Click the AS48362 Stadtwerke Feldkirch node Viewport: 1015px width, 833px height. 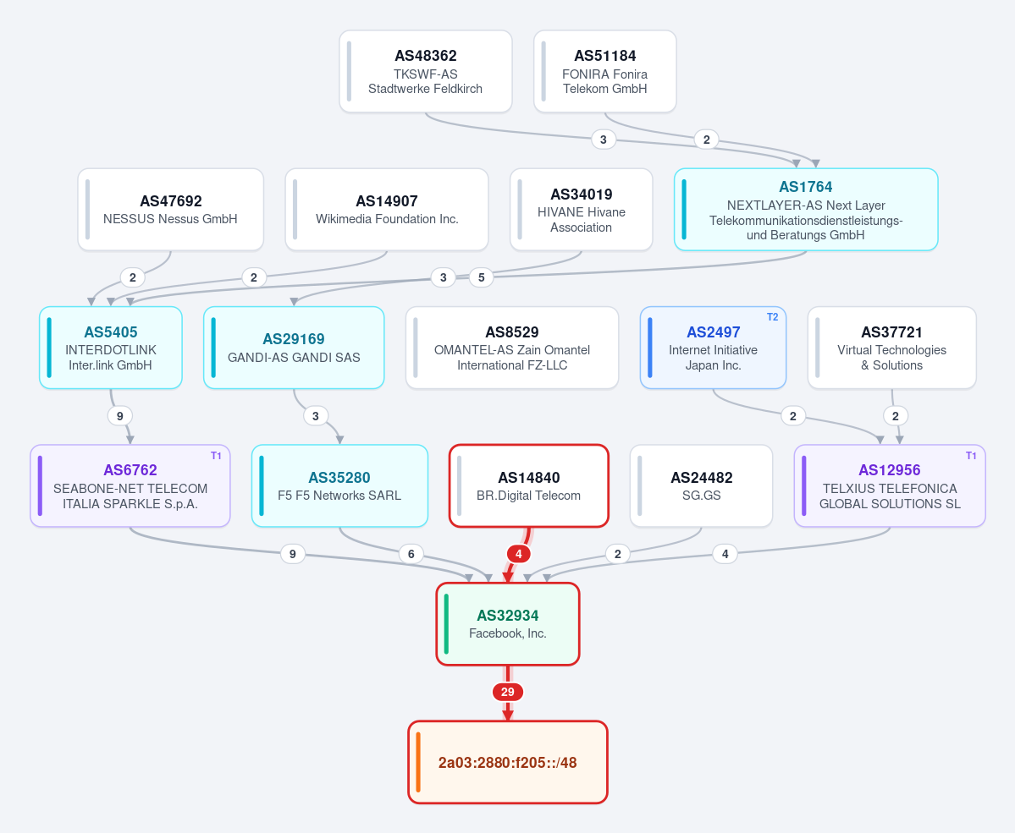tap(425, 71)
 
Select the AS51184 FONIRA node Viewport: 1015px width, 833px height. tap(605, 71)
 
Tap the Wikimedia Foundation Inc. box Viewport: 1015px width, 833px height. tap(387, 210)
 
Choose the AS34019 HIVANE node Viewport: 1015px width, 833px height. tap(582, 210)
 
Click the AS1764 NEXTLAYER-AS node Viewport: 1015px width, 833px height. tap(806, 210)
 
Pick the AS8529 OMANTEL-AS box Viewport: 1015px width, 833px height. tap(512, 348)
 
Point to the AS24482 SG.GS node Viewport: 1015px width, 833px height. tap(701, 485)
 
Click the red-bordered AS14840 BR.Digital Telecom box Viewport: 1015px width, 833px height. tap(529, 485)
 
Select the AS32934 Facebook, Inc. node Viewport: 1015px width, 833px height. tap(508, 624)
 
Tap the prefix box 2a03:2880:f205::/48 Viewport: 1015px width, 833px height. tap(508, 763)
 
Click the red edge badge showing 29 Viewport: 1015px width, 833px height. tap(508, 692)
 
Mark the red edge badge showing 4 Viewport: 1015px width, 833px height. tap(518, 554)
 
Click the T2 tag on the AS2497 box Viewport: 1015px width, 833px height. tap(772, 317)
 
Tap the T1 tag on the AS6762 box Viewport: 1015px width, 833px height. tap(216, 456)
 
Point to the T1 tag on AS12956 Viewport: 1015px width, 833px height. tap(971, 456)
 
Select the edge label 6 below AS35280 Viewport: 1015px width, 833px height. tap(411, 554)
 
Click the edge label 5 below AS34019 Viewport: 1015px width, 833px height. tap(481, 277)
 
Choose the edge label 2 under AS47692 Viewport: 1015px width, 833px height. tap(133, 277)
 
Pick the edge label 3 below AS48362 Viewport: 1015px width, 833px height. tap(604, 139)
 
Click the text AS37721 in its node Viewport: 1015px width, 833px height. tap(891, 332)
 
